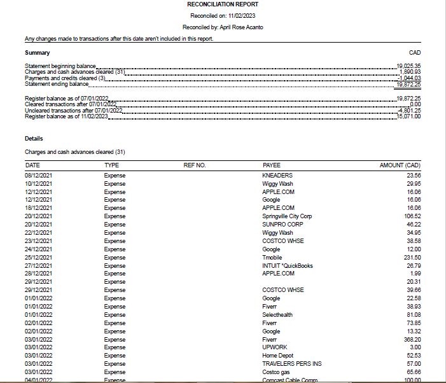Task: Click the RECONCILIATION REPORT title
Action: click(223, 4)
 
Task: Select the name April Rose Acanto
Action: click(240, 27)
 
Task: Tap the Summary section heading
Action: click(37, 52)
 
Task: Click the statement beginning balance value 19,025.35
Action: click(408, 66)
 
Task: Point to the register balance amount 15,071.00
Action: click(408, 116)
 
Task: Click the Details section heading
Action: click(34, 138)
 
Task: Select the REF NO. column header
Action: click(195, 165)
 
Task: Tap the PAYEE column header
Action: click(271, 165)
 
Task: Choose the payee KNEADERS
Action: click(277, 175)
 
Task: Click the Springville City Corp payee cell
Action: click(287, 216)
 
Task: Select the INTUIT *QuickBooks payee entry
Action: click(288, 265)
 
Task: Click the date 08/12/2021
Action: click(41, 175)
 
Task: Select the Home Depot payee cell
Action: click(277, 355)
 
